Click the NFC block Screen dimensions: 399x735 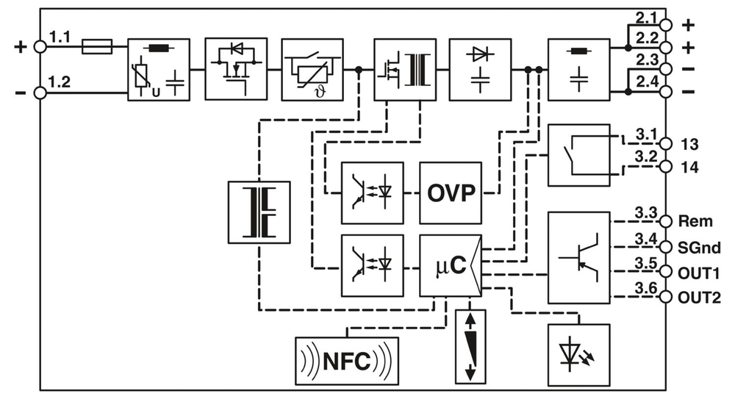[x=346, y=361]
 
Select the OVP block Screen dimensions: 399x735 [x=451, y=193]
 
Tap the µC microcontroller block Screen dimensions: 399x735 [x=450, y=266]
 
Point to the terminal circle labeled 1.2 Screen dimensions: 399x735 [x=41, y=93]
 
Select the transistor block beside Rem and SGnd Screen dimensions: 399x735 [x=578, y=258]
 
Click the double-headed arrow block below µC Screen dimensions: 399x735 [x=470, y=345]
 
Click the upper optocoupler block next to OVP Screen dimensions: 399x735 [x=372, y=193]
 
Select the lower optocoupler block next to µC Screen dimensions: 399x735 [x=372, y=266]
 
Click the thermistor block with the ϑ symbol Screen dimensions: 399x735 [x=312, y=69]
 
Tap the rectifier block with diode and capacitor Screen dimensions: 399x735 [x=479, y=69]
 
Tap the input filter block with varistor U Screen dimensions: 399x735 [x=158, y=69]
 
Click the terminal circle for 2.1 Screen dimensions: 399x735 [x=666, y=24]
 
